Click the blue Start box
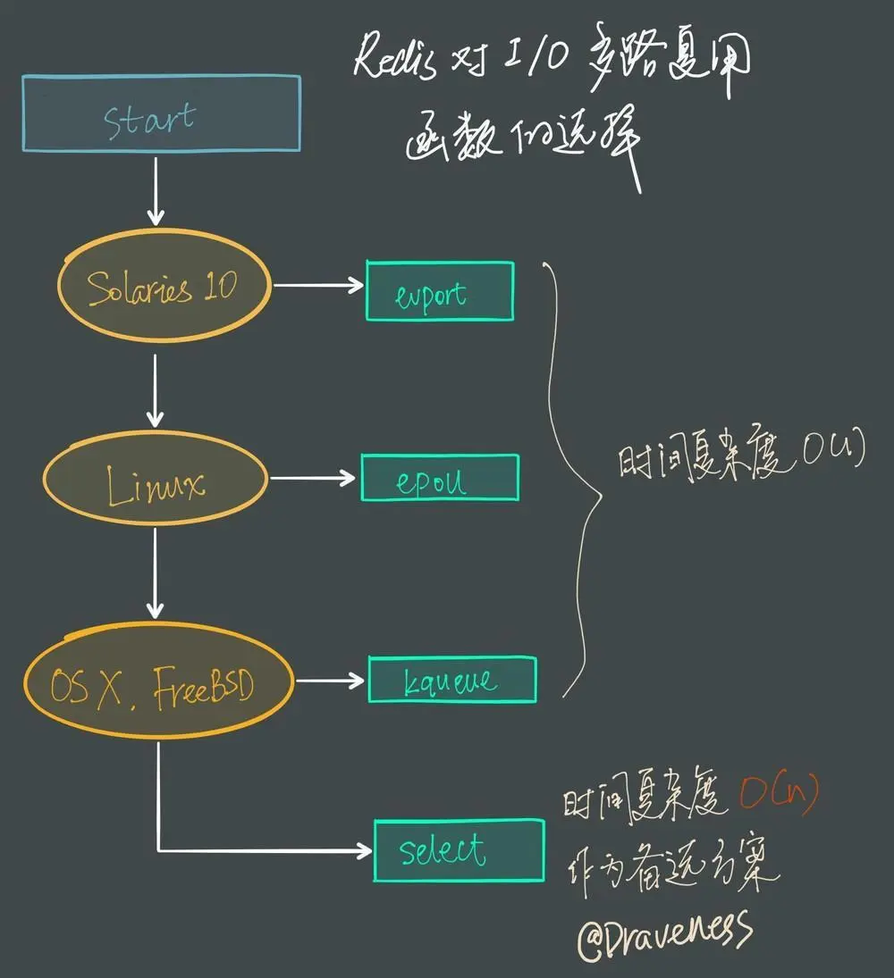pos(161,113)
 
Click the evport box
pos(440,291)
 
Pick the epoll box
pos(440,478)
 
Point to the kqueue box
pos(452,681)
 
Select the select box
pos(459,849)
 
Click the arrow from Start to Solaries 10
pos(156,190)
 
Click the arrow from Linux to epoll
pos(313,479)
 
